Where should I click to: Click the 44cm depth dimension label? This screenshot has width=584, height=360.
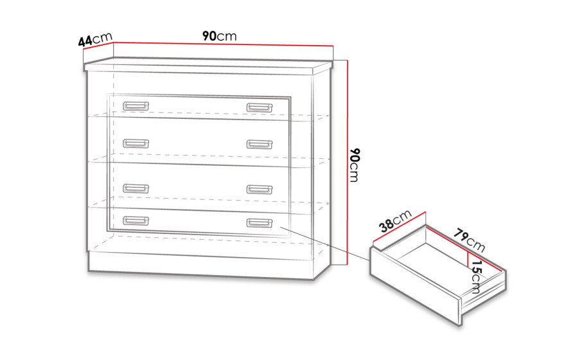click(x=95, y=39)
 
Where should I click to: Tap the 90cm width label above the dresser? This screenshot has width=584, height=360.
click(x=219, y=36)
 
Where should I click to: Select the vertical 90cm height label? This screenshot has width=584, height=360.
click(x=355, y=165)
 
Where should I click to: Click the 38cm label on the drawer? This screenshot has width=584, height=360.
click(x=395, y=221)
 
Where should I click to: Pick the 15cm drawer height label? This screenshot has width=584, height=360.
click(x=476, y=277)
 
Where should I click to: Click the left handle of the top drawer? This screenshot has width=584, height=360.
click(x=136, y=106)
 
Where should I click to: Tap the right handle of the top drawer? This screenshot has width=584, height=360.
click(x=260, y=108)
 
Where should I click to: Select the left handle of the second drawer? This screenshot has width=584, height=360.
click(x=136, y=143)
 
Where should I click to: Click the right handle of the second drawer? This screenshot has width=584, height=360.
click(x=260, y=144)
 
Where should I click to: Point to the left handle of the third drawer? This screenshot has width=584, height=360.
click(x=136, y=188)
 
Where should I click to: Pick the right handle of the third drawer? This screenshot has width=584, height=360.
click(x=260, y=189)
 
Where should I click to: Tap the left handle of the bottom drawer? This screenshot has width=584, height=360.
click(x=136, y=221)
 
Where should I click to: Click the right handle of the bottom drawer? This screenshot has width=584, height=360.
click(x=260, y=223)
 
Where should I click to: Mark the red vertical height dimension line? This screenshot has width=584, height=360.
click(x=347, y=163)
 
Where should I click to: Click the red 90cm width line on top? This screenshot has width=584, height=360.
click(x=223, y=44)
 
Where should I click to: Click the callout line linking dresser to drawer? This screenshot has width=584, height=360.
click(x=325, y=244)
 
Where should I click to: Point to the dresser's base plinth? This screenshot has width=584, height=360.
click(x=201, y=265)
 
